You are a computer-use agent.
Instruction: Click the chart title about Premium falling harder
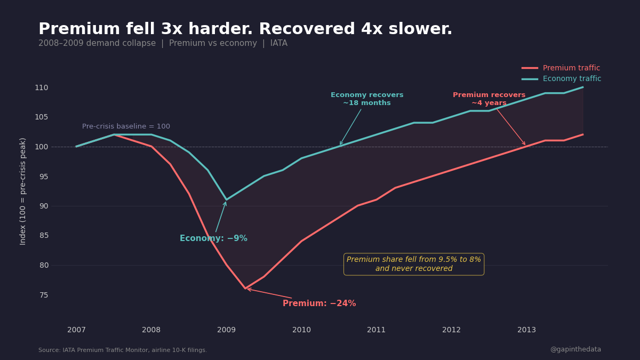[x=245, y=29]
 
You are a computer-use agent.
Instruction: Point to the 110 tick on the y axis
[x=42, y=87]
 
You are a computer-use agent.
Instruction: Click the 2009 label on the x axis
[x=226, y=330]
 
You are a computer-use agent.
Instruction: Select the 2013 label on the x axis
[x=526, y=330]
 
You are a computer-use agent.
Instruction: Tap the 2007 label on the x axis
[x=76, y=330]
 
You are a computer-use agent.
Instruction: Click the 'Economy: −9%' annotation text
[x=213, y=238]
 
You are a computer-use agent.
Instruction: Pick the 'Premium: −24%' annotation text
[x=319, y=303]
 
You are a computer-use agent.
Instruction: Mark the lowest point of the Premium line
[x=245, y=289]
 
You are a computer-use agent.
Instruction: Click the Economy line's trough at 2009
[x=226, y=200]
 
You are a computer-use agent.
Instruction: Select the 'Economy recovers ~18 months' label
[x=367, y=99]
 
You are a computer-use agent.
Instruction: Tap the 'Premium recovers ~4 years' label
[x=489, y=99]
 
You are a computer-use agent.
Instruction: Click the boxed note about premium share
[x=414, y=264]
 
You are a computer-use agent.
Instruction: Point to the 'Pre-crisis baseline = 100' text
[x=126, y=126]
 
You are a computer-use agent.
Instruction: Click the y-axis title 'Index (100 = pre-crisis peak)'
[x=23, y=191]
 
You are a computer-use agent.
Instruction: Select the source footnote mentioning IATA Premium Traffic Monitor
[x=123, y=350]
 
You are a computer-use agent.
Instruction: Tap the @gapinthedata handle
[x=575, y=349]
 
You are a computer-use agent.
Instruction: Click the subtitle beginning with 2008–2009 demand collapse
[x=163, y=43]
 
